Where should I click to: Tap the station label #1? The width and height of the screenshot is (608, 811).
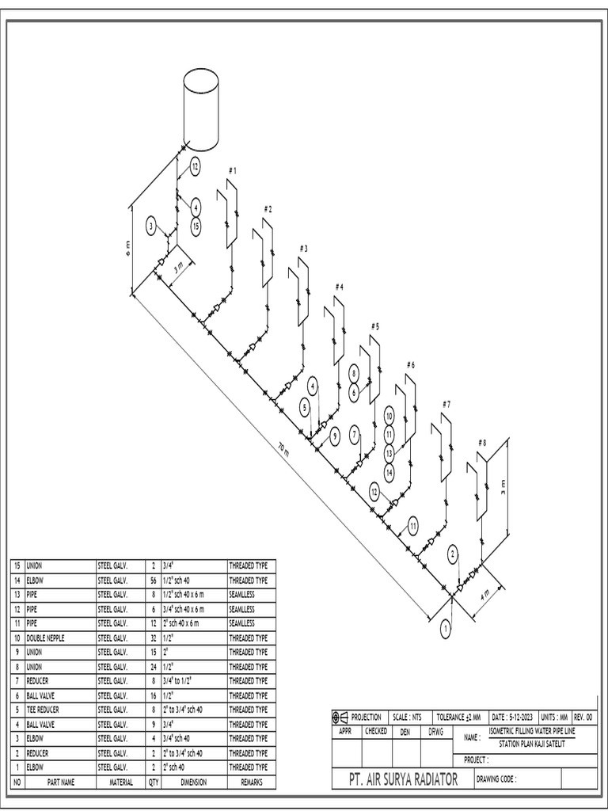pos(232,170)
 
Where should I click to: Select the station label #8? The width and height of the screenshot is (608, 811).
pos(482,443)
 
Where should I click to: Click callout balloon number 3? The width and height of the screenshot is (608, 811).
pos(151,227)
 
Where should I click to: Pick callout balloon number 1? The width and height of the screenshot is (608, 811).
pos(445,629)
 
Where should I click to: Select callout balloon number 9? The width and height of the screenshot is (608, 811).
pos(334,435)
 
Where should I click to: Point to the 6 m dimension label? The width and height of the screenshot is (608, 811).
pos(127,249)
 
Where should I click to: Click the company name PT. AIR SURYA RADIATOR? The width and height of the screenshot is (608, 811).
pos(403,780)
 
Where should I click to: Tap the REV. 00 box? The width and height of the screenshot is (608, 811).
pos(583,717)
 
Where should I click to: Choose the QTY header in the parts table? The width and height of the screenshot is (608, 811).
pos(153,782)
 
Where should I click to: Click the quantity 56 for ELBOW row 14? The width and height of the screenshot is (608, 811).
pos(153,581)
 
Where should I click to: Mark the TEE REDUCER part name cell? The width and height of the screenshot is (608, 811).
pos(44,710)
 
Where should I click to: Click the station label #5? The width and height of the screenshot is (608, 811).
pos(375,326)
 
